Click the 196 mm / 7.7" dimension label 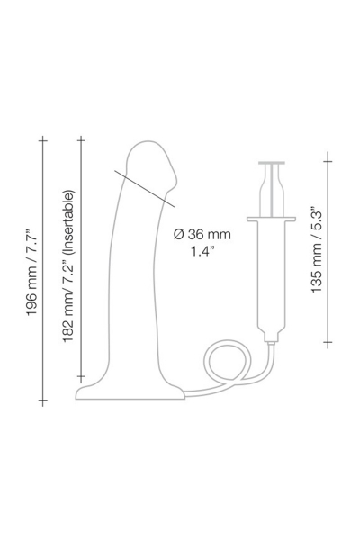(32, 271)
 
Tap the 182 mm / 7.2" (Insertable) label (68, 265)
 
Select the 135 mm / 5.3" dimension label (316, 250)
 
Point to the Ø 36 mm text (202, 235)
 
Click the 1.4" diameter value (202, 251)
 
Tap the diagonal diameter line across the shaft (145, 188)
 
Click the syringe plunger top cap (272, 163)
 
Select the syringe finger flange (271, 219)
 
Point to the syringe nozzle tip (271, 343)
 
